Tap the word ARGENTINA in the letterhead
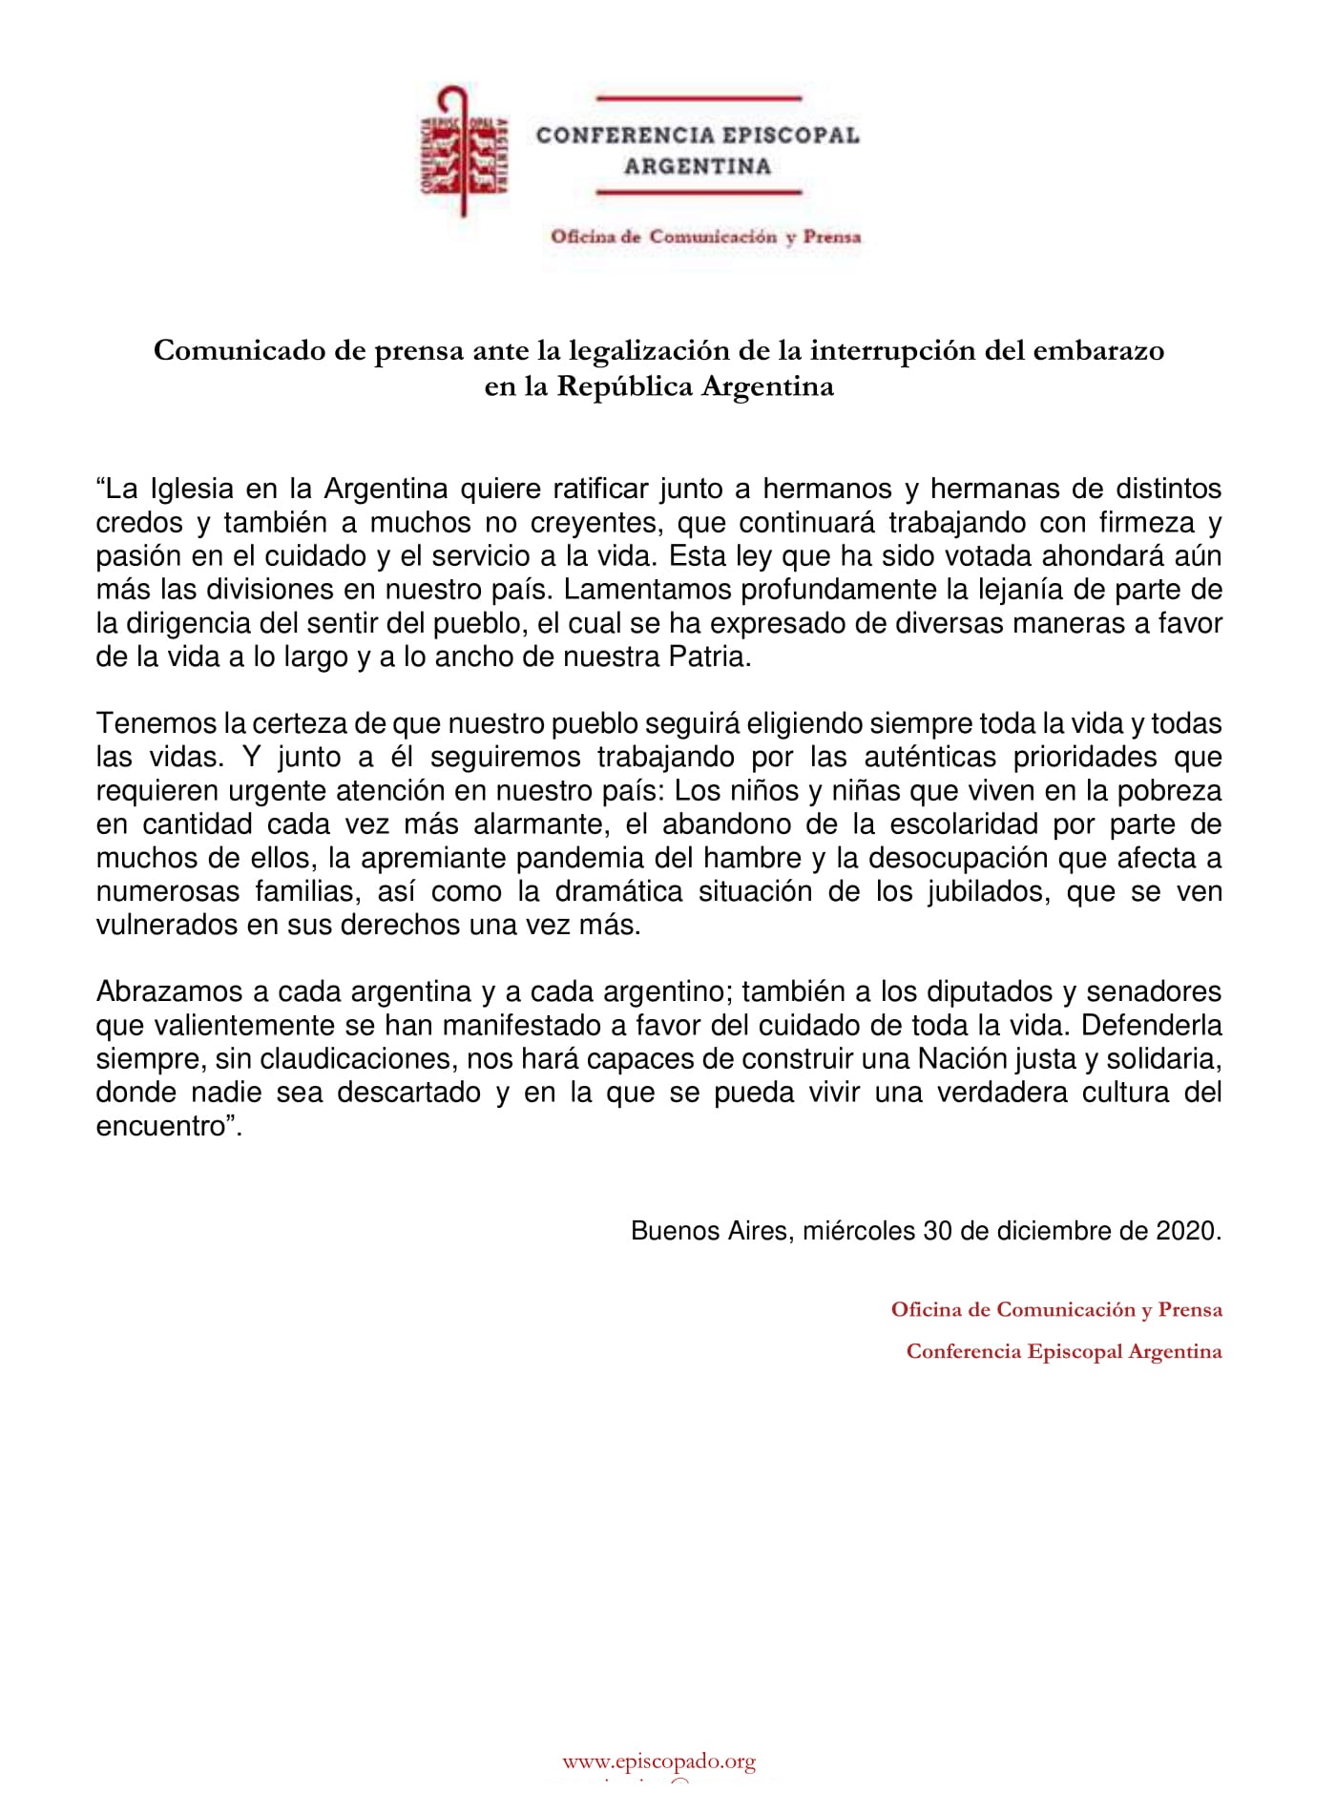698,166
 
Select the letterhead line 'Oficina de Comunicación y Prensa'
705,237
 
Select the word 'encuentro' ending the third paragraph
159,1126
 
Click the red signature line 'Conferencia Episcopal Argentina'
1063,1351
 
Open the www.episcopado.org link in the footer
658,1761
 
